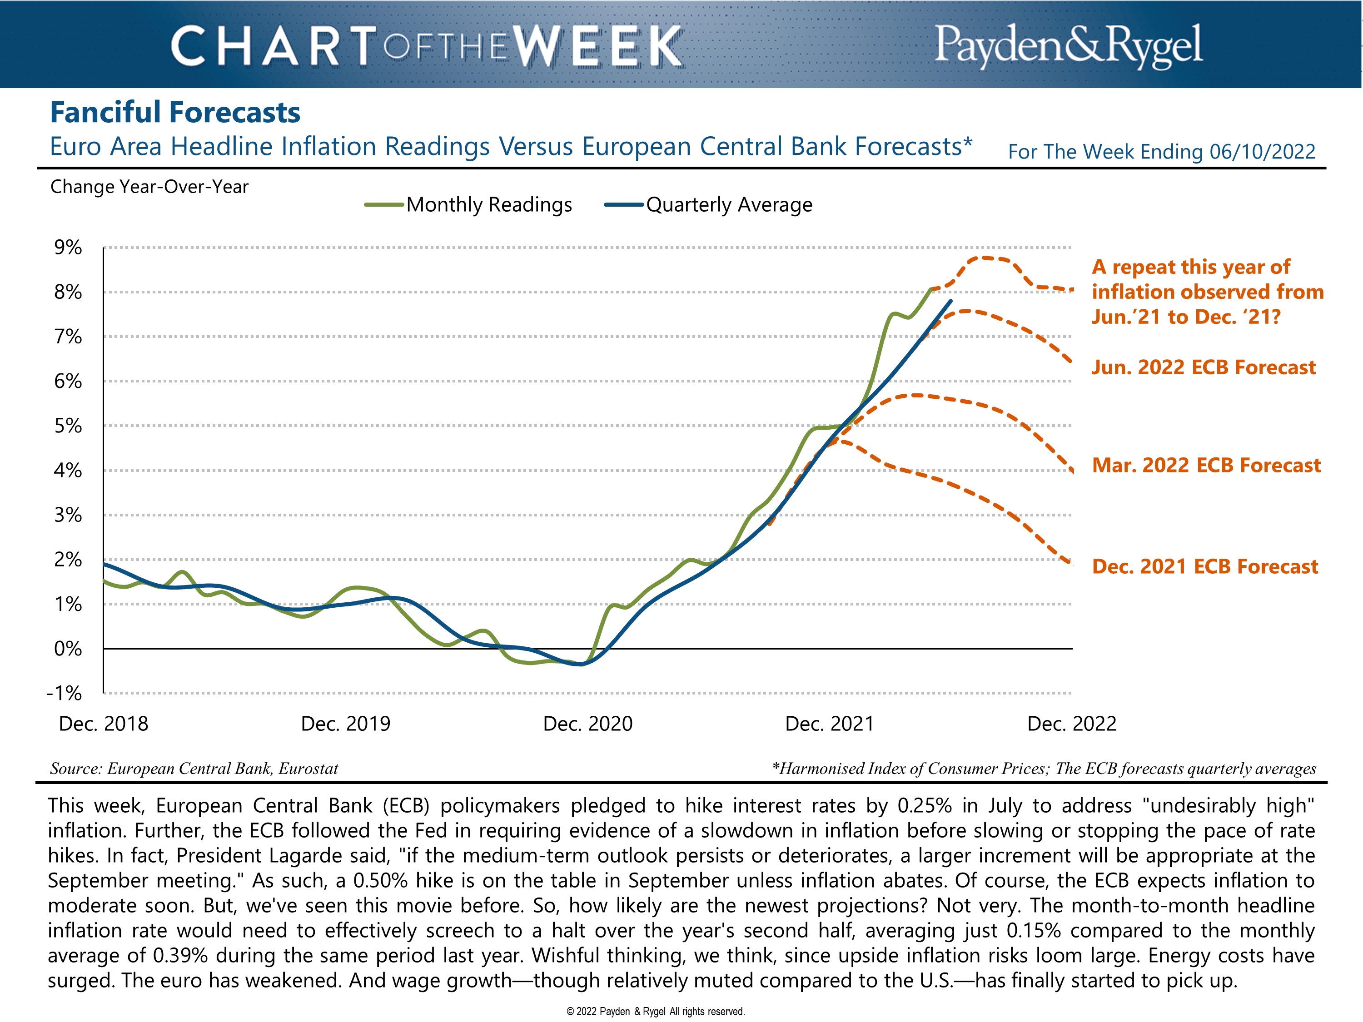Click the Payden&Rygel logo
[x=1068, y=45]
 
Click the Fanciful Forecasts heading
[x=175, y=113]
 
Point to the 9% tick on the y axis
[x=68, y=248]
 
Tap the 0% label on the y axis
[x=68, y=649]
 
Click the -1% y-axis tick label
[x=64, y=693]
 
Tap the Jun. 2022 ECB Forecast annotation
[x=1204, y=368]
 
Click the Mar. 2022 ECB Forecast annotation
[x=1206, y=465]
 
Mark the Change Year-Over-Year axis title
[x=149, y=187]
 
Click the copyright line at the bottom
[x=656, y=1011]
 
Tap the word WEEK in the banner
[x=598, y=46]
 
